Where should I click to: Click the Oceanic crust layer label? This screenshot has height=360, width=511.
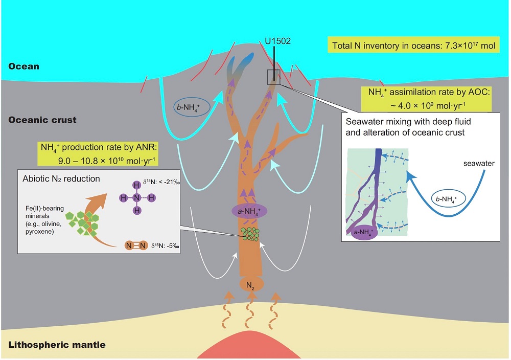(42, 120)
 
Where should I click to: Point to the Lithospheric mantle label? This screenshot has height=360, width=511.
(57, 345)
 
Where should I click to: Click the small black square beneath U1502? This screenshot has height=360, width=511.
(274, 77)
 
